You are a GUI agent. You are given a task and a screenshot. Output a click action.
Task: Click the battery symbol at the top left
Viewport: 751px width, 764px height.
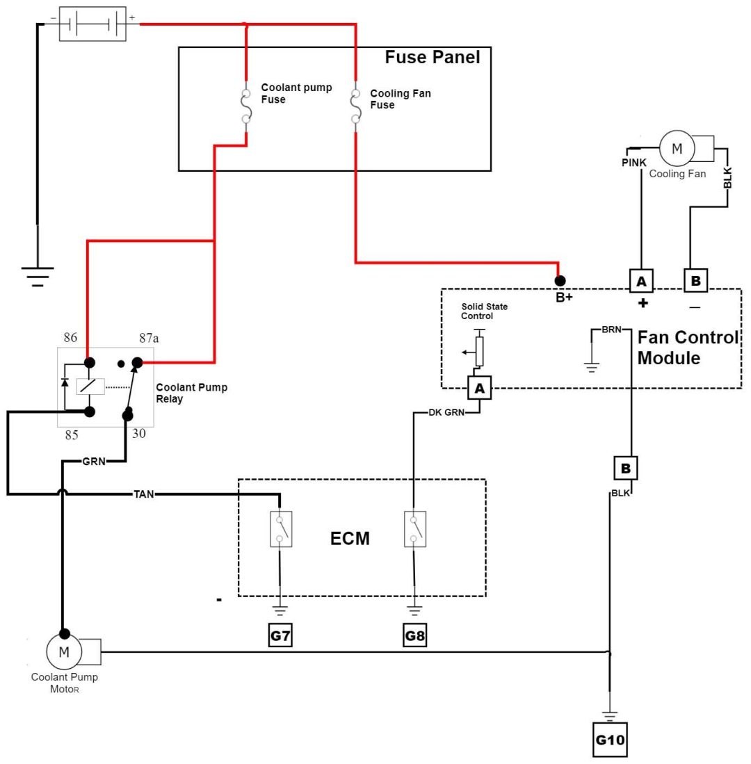click(92, 24)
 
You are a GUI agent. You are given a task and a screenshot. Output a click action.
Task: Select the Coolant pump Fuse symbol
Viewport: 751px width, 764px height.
click(246, 106)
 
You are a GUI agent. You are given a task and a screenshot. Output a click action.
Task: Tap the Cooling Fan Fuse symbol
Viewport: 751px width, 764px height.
click(355, 106)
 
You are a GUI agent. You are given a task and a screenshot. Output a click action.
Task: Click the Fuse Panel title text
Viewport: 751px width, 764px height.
click(433, 58)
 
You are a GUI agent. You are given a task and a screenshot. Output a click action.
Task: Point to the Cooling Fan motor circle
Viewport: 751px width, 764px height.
click(673, 147)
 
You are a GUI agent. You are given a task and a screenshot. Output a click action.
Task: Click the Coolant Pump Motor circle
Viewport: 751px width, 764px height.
click(64, 652)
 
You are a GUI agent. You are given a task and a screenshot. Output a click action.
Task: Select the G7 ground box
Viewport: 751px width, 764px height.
click(280, 637)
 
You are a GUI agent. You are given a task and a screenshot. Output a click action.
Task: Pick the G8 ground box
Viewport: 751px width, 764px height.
click(414, 637)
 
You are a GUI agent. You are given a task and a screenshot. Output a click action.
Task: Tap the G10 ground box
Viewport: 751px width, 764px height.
click(610, 741)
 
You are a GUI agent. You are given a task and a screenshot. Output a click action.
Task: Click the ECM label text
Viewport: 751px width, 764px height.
click(350, 538)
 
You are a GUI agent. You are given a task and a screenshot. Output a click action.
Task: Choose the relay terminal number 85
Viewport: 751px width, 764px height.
click(72, 435)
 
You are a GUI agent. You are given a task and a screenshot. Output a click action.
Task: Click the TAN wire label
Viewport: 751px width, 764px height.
click(144, 494)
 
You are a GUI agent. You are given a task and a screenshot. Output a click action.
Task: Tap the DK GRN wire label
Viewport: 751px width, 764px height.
click(444, 413)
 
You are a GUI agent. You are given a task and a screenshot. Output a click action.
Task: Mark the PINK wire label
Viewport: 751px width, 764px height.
click(635, 163)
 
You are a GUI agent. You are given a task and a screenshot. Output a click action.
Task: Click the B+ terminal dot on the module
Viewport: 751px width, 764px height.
click(560, 281)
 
